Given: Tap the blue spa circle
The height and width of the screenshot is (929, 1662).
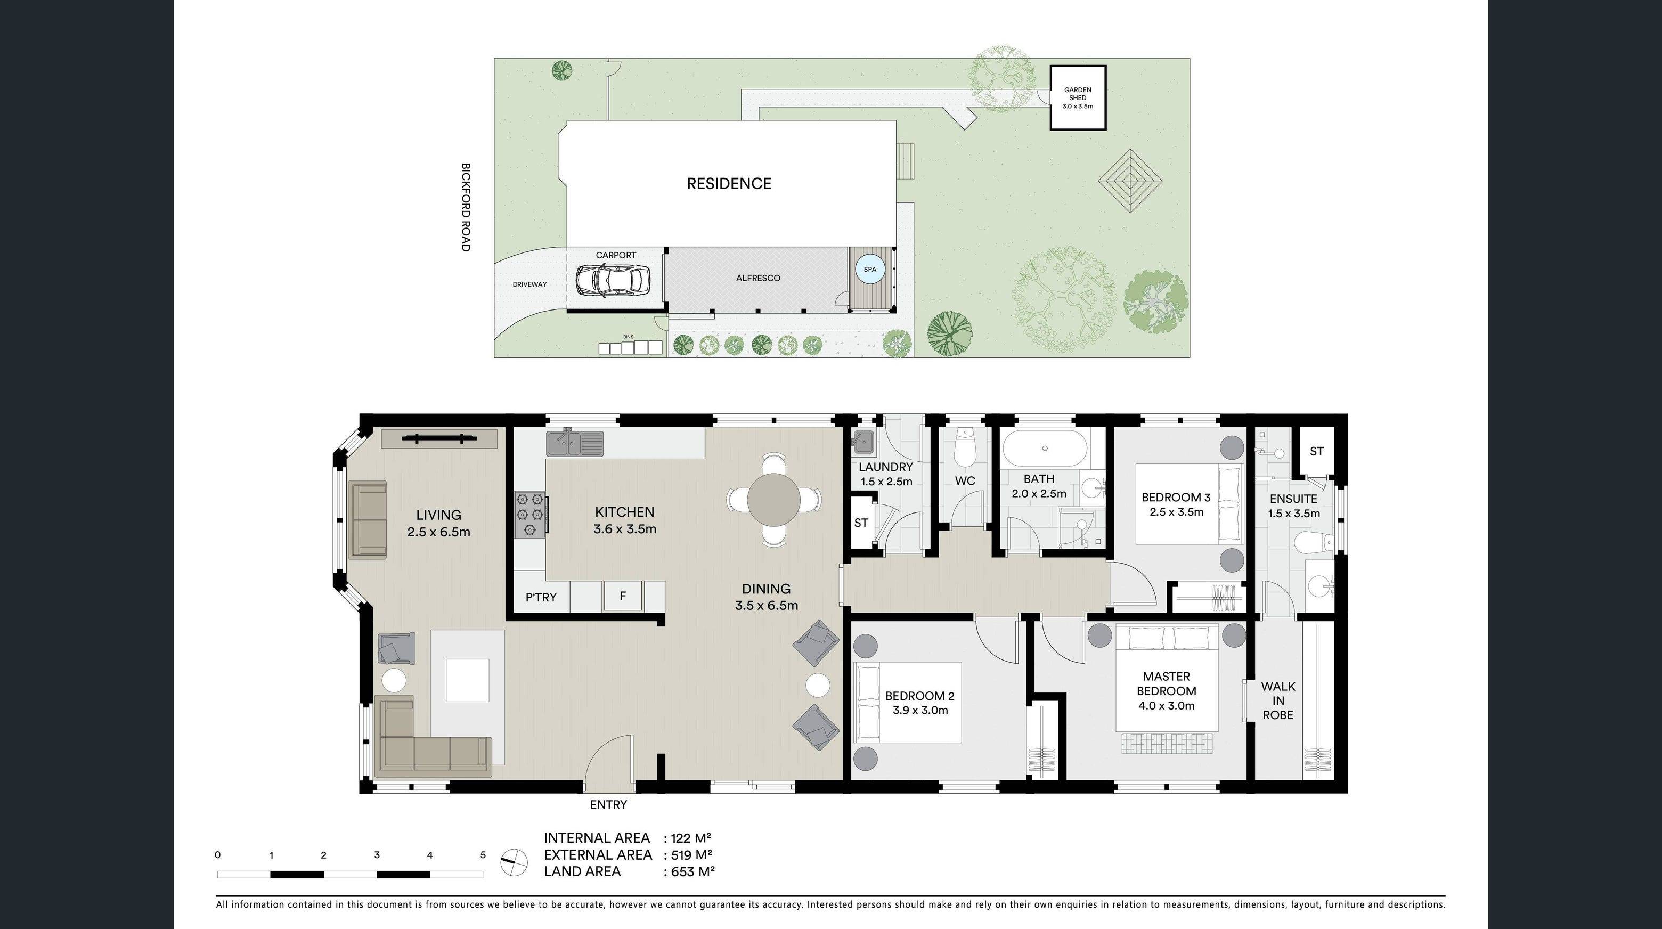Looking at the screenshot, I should pos(870,270).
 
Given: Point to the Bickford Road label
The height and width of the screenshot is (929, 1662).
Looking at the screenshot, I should pos(466,207).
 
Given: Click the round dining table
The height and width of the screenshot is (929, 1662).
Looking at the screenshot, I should pos(773,500).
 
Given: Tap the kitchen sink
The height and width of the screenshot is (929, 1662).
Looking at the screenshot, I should pos(574,443).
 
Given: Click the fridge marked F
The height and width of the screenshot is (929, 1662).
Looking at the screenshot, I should pos(623,596).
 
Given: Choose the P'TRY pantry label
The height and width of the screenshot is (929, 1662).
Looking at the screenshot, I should pos(541,597).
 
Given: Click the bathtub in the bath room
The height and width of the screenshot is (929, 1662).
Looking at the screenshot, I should pos(1044,449).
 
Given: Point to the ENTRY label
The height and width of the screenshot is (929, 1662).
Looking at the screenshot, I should pos(608,804).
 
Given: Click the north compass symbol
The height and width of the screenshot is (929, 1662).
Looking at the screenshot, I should pos(514,862).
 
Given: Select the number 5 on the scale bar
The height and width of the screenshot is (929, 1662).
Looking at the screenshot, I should pos(483,855).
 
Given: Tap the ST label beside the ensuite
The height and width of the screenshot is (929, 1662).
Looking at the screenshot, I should pos(1316,452).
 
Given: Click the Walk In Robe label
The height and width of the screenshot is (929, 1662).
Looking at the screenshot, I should pos(1277,700).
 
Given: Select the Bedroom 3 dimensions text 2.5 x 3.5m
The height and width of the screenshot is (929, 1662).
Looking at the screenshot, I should pos(1176,512).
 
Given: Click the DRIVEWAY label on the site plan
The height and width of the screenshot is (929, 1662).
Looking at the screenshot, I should pos(529,284).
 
